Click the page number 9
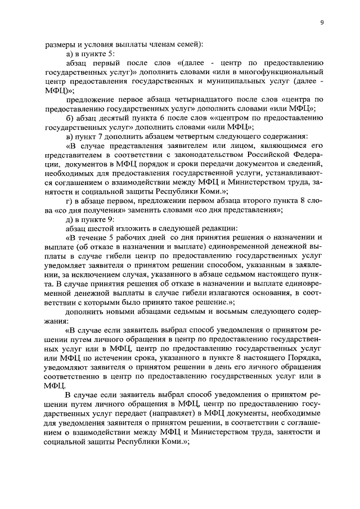pos(321,22)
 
